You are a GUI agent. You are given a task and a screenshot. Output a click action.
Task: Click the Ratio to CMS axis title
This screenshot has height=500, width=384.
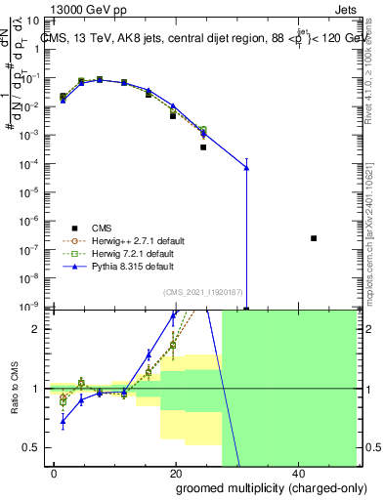point(16,389)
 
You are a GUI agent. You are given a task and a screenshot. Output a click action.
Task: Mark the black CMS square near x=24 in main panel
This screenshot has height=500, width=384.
point(203,147)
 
